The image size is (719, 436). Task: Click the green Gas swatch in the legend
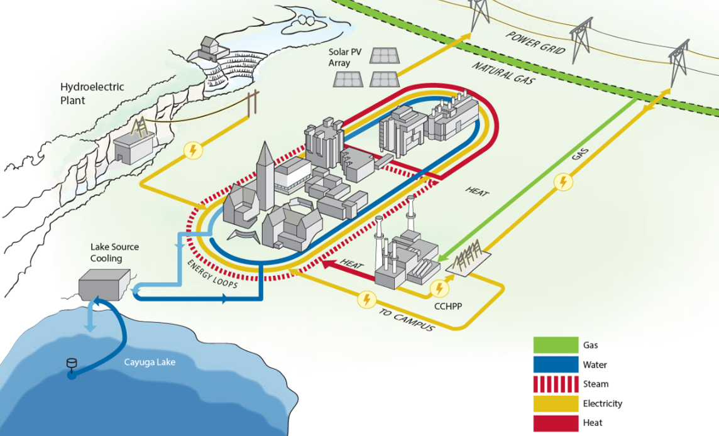pyautogui.click(x=556, y=345)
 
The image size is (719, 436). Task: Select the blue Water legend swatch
pyautogui.click(x=556, y=364)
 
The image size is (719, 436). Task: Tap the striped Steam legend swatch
pyautogui.click(x=556, y=384)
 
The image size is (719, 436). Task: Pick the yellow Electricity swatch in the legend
pyautogui.click(x=556, y=403)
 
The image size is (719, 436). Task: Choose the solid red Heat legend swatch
pyautogui.click(x=556, y=423)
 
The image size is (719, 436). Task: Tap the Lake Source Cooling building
pyautogui.click(x=104, y=283)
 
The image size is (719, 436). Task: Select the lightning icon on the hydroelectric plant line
pyautogui.click(x=194, y=150)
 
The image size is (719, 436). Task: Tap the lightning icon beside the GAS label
pyautogui.click(x=564, y=182)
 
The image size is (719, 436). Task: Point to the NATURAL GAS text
pyautogui.click(x=500, y=74)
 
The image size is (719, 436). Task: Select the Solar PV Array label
pyautogui.click(x=344, y=58)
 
